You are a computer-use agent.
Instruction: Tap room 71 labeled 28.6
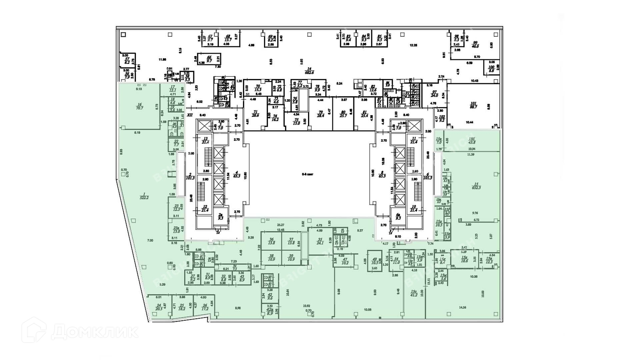point(256,114)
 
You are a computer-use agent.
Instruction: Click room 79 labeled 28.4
point(320,114)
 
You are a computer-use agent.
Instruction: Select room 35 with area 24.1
point(320,241)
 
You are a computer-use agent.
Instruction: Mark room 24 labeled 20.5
point(159,307)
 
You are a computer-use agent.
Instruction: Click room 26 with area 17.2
point(205,307)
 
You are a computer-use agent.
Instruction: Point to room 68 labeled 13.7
point(228,38)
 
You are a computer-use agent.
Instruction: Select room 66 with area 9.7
point(209,59)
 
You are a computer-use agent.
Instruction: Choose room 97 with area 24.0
point(434,94)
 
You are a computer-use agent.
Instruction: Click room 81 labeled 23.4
point(364,114)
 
